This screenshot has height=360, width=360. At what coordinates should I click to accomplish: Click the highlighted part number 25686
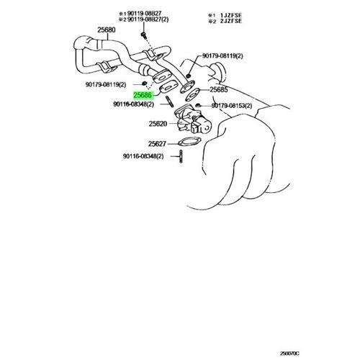(143, 95)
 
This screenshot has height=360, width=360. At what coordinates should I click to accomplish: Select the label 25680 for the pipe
(107, 30)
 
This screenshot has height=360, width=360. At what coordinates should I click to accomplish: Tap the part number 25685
(219, 89)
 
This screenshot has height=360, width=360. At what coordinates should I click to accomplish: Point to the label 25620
(158, 124)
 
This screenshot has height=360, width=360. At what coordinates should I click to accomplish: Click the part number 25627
(157, 144)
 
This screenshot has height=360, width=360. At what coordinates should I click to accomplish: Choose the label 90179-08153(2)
(232, 106)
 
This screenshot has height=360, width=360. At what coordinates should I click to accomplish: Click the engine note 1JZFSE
(231, 15)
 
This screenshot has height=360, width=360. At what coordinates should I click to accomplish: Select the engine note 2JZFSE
(231, 21)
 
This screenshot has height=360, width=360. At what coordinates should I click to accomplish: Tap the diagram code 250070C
(289, 354)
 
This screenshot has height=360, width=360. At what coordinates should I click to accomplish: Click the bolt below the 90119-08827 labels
(143, 35)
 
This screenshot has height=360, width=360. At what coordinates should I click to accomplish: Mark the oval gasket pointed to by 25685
(193, 95)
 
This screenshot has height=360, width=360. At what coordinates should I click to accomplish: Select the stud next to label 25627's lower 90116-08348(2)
(181, 156)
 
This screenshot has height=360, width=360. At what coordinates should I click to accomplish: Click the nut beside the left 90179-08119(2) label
(145, 84)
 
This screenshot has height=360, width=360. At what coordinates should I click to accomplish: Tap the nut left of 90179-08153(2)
(198, 105)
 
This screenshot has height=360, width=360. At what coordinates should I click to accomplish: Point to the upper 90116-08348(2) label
(133, 104)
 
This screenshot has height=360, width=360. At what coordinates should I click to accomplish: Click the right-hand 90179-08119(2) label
(222, 56)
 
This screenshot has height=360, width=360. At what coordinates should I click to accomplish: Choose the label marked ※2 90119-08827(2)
(144, 19)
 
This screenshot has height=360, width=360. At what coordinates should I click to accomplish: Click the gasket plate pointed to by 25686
(168, 88)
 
